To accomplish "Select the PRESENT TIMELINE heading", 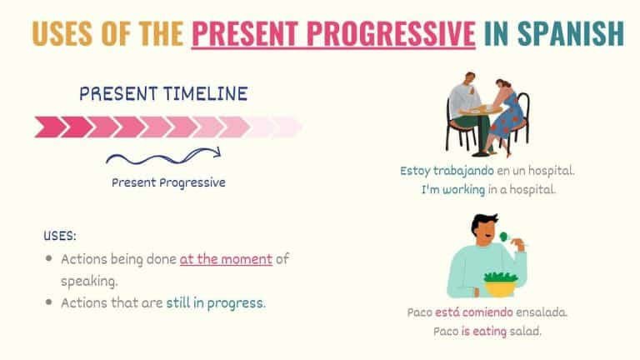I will (x=163, y=93).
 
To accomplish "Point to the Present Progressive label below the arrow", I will (x=168, y=182).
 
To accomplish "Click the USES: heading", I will (x=60, y=237).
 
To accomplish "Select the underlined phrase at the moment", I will (x=226, y=259).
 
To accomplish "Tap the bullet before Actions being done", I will (x=49, y=259).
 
